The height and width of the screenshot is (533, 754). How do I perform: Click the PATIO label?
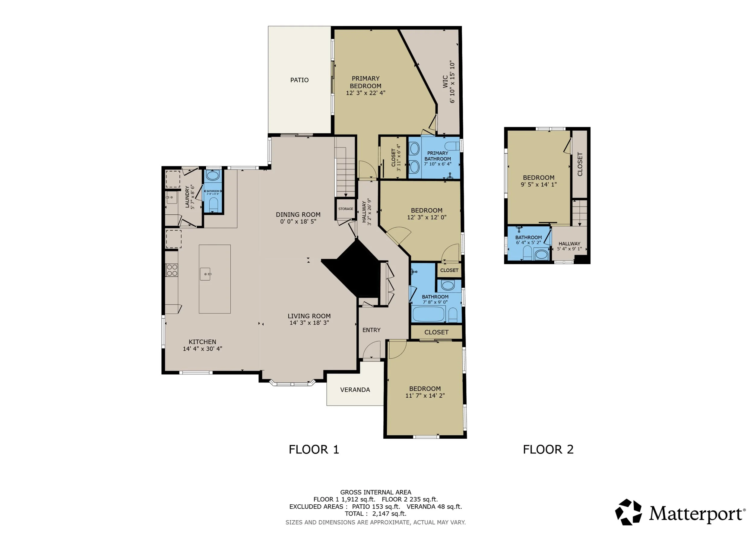[x=299, y=80]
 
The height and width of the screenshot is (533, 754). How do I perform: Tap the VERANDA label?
[x=355, y=390]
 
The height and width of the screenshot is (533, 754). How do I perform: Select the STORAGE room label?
[x=346, y=209]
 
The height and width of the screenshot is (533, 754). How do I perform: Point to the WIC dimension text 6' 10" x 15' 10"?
[x=452, y=82]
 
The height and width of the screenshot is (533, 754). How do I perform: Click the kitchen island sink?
[x=206, y=274]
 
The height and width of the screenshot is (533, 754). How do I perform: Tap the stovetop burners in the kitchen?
[x=172, y=270]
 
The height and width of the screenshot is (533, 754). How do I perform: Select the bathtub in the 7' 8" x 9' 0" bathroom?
[x=429, y=314]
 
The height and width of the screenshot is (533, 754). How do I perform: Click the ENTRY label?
[x=371, y=330]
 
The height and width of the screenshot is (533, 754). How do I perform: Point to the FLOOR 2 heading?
[x=548, y=449]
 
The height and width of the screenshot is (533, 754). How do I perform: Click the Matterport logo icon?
[x=628, y=512]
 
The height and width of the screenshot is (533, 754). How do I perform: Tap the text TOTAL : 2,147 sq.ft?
[x=375, y=514]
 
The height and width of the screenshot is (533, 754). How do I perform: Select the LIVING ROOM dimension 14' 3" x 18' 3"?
[x=309, y=323]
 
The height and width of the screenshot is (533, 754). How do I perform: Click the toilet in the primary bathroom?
[x=452, y=146]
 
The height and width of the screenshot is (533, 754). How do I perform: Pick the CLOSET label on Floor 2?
[x=580, y=164]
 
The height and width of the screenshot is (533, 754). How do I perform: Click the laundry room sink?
[x=171, y=197]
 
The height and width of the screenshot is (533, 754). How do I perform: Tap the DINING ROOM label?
[x=298, y=215]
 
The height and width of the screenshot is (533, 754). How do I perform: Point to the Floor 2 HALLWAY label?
[x=569, y=244]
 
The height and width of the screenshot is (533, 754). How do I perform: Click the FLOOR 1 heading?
[x=314, y=449]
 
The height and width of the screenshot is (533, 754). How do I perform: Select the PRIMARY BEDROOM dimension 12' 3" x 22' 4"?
[x=366, y=93]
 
